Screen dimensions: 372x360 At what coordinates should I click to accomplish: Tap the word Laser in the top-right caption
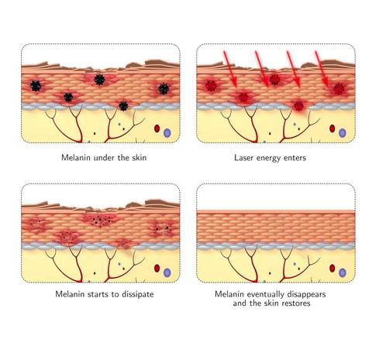(243, 157)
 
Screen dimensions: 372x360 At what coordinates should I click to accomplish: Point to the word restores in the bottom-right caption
(296, 303)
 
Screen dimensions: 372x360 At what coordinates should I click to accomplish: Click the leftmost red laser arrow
(230, 69)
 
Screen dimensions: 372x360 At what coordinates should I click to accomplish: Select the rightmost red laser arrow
(322, 69)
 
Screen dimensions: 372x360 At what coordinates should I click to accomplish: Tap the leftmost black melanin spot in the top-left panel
(36, 86)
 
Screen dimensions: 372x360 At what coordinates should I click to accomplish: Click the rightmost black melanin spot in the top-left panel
(164, 89)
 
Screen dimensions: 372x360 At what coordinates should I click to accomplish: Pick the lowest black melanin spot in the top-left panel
(123, 106)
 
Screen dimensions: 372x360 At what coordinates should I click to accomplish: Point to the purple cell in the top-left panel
(167, 133)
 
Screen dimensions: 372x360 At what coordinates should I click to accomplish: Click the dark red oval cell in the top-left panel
(157, 129)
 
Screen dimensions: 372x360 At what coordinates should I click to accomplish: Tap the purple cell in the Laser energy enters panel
(343, 133)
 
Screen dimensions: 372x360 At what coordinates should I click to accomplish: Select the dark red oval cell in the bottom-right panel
(332, 268)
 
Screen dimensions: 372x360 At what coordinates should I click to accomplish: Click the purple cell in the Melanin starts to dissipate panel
(167, 273)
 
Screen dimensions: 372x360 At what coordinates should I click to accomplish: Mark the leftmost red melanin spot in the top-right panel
(211, 85)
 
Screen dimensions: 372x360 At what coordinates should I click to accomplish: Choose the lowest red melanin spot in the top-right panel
(298, 105)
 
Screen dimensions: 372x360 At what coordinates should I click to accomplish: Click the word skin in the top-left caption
(139, 157)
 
